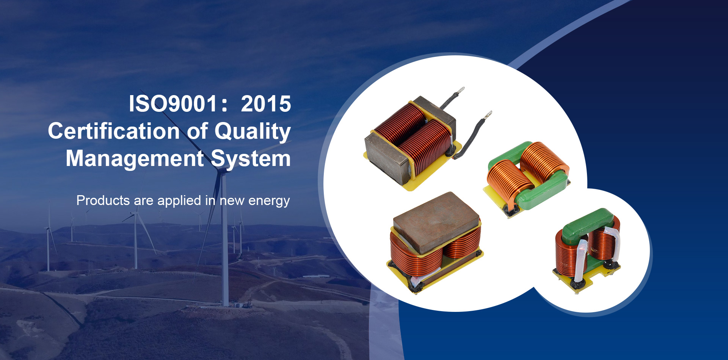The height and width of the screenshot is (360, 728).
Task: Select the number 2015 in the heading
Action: tap(266, 104)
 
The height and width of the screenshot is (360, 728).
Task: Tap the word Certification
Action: tap(114, 131)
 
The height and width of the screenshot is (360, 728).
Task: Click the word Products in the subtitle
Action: tap(104, 200)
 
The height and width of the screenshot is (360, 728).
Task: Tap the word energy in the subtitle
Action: tap(269, 201)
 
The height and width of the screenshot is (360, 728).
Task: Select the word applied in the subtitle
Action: tap(179, 200)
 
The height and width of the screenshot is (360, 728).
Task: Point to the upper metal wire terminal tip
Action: tap(461, 90)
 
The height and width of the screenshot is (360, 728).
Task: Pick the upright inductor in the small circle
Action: tap(587, 250)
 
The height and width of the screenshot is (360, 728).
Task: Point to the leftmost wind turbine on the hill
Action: tap(48, 243)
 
